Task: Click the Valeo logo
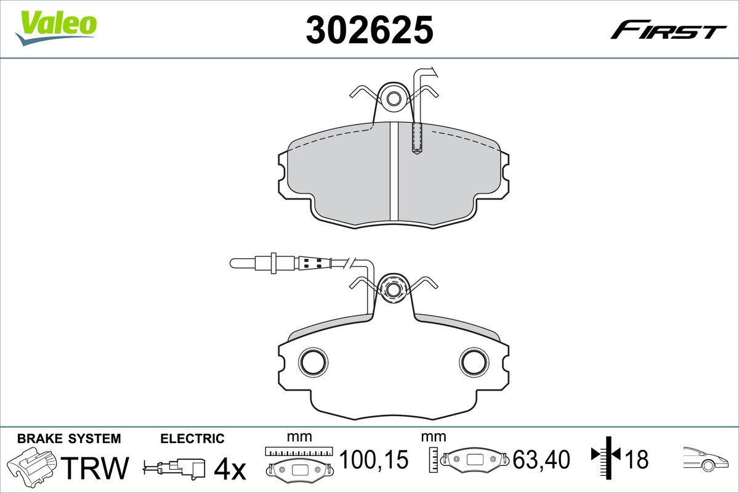[56, 28]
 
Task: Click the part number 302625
[369, 30]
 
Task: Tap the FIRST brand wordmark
[668, 34]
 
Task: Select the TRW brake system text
[95, 468]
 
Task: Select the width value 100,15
[374, 459]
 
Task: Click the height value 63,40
[541, 459]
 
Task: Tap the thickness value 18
[636, 459]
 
